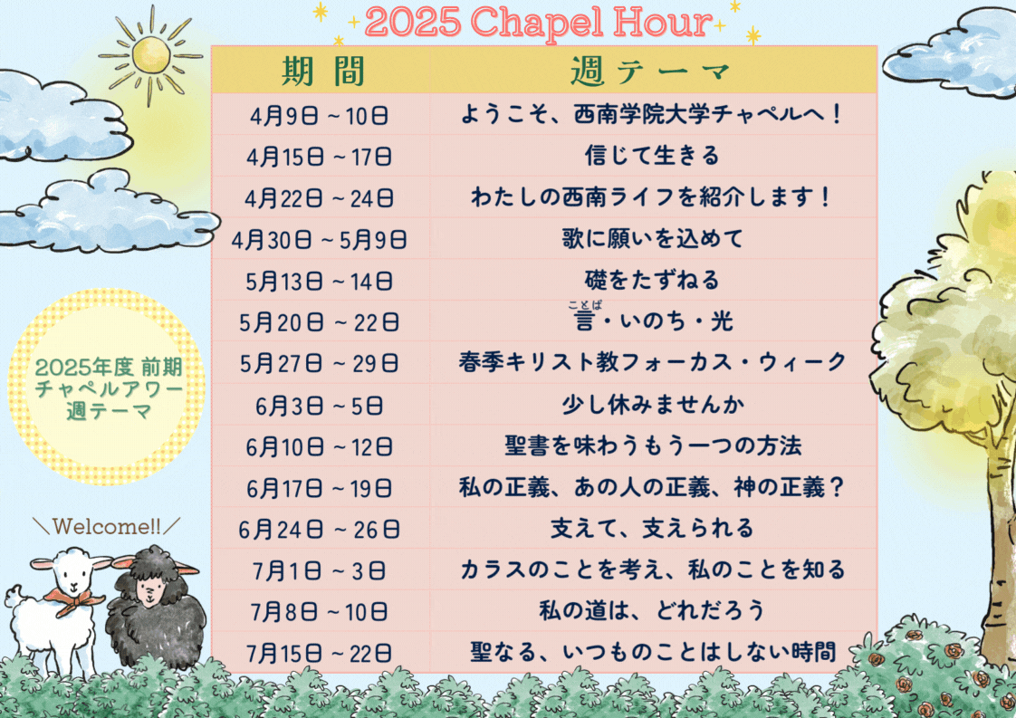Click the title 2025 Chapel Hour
click(x=539, y=23)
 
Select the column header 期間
click(x=323, y=71)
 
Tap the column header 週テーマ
click(x=650, y=71)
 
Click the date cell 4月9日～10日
click(x=320, y=116)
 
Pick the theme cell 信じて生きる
click(x=652, y=156)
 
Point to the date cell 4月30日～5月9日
click(x=320, y=240)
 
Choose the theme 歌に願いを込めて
click(x=652, y=238)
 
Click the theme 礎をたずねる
click(x=652, y=280)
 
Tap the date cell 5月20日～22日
click(x=320, y=322)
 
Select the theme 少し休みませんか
click(x=652, y=405)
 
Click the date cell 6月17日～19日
click(x=320, y=488)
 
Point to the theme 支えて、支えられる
click(x=652, y=528)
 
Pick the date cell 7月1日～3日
click(x=320, y=571)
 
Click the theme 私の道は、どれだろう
click(x=652, y=610)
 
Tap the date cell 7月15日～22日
click(x=320, y=653)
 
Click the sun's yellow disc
click(x=151, y=55)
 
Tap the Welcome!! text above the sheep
click(x=107, y=526)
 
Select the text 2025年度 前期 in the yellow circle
click(x=108, y=368)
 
